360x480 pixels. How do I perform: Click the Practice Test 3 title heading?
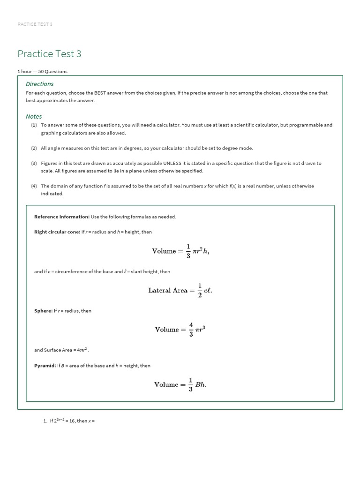pos(49,54)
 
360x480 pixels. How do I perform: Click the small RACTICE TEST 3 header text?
pos(35,24)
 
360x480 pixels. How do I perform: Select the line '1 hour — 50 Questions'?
pos(43,72)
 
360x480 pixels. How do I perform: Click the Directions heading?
pos(40,84)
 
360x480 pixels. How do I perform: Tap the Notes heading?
pos(34,116)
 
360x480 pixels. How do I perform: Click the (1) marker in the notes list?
pos(34,125)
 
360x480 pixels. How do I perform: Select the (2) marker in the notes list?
pos(34,148)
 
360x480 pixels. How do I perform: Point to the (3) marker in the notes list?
pos(34,163)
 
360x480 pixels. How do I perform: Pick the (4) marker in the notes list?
pos(34,186)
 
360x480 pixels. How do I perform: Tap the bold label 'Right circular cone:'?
pos(57,232)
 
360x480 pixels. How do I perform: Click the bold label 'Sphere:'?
pos(43,311)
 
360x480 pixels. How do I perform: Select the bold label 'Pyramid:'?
pos(45,366)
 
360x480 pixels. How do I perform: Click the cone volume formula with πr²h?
pos(180,251)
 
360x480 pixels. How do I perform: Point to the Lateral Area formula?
pos(180,290)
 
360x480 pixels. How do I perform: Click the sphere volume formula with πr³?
pos(180,330)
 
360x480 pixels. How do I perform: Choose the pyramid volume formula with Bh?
pos(180,384)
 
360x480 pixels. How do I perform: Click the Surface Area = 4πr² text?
pos(66,350)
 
